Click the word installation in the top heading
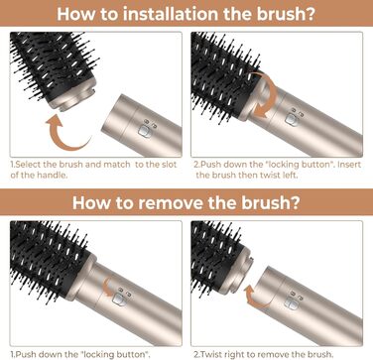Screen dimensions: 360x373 pos(171,14)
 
